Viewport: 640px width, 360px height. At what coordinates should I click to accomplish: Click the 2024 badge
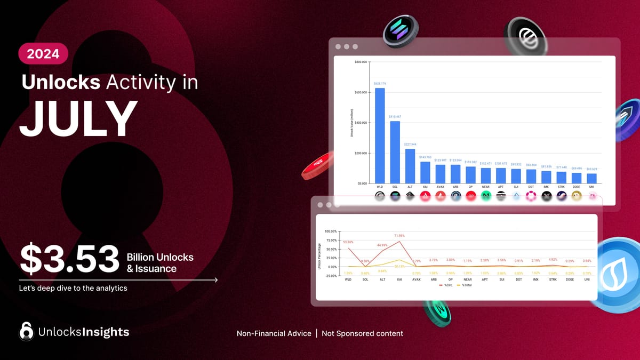pyautogui.click(x=43, y=53)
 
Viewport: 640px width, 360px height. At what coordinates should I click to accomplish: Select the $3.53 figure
pyautogui.click(x=69, y=258)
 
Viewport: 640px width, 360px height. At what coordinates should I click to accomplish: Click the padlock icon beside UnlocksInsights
pyautogui.click(x=26, y=331)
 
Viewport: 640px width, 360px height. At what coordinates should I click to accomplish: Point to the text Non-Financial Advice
pyautogui.click(x=274, y=333)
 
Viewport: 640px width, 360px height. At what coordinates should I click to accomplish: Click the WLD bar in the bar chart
pyautogui.click(x=380, y=135)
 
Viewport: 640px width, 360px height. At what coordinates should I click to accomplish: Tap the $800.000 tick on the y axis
pyautogui.click(x=360, y=62)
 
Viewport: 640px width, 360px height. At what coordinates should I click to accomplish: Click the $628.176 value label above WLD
pyautogui.click(x=380, y=84)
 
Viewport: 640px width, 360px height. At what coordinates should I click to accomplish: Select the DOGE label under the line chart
pyautogui.click(x=570, y=279)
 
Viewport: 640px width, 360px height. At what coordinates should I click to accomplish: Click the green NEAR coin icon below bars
pyautogui.click(x=486, y=196)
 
